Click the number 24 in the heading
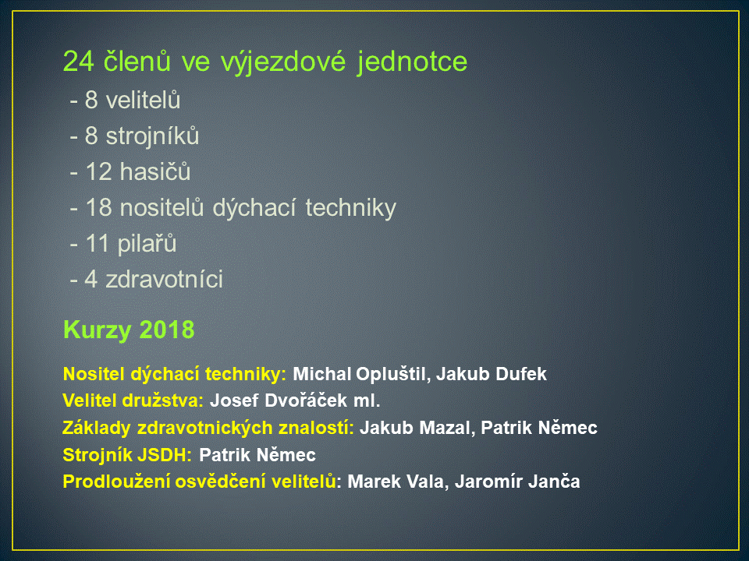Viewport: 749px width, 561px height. click(x=78, y=62)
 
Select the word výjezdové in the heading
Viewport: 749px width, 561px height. click(x=282, y=62)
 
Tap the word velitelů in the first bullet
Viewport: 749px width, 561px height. click(x=143, y=101)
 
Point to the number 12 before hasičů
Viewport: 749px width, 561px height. click(x=98, y=172)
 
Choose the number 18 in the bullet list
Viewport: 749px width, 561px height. click(x=98, y=208)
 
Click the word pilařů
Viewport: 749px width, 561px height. click(x=147, y=244)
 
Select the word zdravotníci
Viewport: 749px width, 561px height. click(x=165, y=280)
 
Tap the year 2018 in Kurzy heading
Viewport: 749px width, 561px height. click(x=167, y=330)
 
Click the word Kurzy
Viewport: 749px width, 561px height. click(x=97, y=330)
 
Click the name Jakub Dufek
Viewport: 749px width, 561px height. click(x=492, y=374)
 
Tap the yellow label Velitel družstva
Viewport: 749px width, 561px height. click(x=133, y=400)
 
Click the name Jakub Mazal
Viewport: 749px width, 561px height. click(x=415, y=428)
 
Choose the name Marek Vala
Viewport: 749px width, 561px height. click(x=396, y=482)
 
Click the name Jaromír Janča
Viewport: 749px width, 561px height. click(x=517, y=482)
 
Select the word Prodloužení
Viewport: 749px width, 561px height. click(x=116, y=482)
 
